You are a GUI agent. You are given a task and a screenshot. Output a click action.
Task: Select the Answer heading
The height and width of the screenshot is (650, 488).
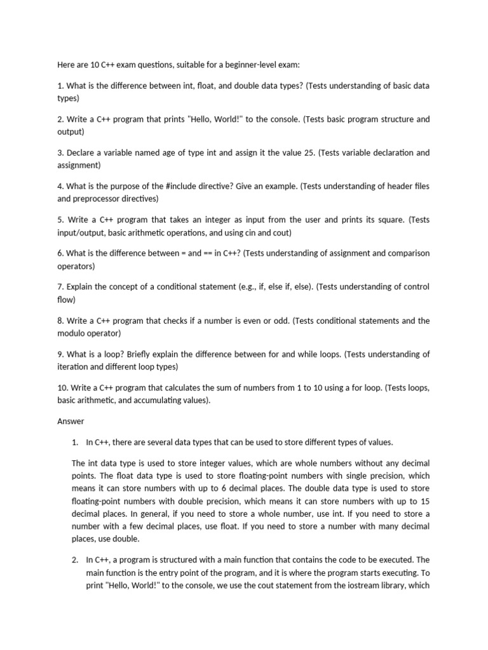71,421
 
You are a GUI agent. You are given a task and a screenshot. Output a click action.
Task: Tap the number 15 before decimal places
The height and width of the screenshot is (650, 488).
424,501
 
